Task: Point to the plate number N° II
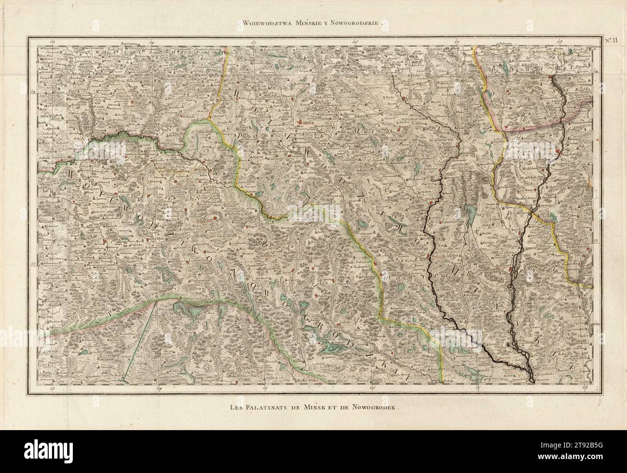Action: (x=611, y=40)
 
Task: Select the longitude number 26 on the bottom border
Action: (x=372, y=387)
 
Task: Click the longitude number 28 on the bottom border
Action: (x=585, y=387)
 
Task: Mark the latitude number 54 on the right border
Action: (x=596, y=71)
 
